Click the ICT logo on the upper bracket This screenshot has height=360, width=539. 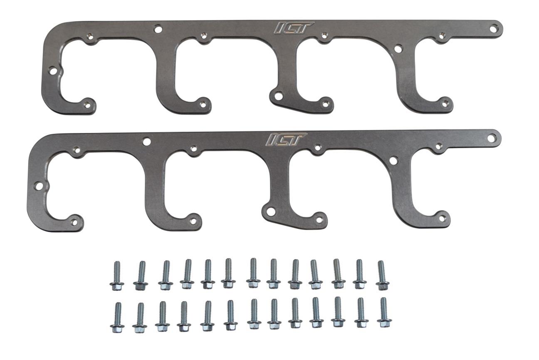pyautogui.click(x=294, y=27)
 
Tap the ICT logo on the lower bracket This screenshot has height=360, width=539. pyautogui.click(x=286, y=139)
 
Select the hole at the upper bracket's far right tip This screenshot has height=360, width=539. pyautogui.click(x=494, y=28)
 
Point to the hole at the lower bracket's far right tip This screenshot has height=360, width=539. pyautogui.click(x=492, y=137)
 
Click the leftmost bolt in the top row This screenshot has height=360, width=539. pyautogui.click(x=117, y=276)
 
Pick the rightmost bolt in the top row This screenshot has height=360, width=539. pyautogui.click(x=382, y=275)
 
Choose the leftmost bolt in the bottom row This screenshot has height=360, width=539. pyautogui.click(x=117, y=317)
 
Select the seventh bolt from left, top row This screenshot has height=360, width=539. pyautogui.click(x=253, y=273)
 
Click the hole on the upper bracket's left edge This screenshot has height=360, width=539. pyautogui.click(x=53, y=71)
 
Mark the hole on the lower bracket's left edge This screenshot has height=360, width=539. pyautogui.click(x=39, y=186)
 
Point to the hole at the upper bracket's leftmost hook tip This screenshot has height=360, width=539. pyautogui.click(x=87, y=104)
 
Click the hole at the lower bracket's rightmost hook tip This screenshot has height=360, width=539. pyautogui.click(x=442, y=217)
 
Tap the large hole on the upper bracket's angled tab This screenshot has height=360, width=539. pyautogui.click(x=278, y=96)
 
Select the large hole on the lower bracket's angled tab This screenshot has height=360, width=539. pyautogui.click(x=270, y=211)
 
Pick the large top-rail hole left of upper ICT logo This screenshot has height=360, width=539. pyautogui.click(x=158, y=29)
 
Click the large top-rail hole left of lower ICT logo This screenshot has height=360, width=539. pyautogui.click(x=146, y=142)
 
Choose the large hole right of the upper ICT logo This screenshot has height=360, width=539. pyautogui.click(x=398, y=49)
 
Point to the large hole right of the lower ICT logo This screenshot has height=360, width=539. pyautogui.click(x=393, y=160)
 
